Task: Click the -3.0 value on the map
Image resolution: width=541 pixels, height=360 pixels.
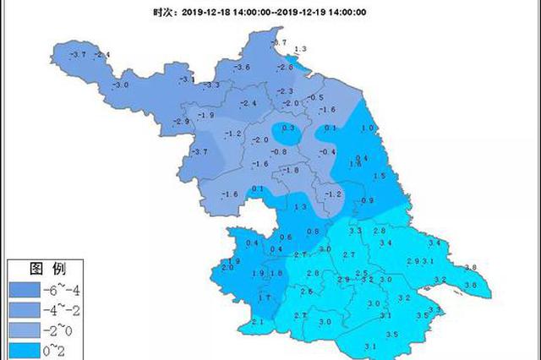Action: (120, 85)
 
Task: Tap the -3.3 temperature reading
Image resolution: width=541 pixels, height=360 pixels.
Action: (211, 85)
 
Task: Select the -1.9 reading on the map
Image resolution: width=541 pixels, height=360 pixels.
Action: (205, 115)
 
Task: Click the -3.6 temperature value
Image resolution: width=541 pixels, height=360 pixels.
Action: (243, 67)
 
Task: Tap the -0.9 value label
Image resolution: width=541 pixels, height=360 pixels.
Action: (366, 200)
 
